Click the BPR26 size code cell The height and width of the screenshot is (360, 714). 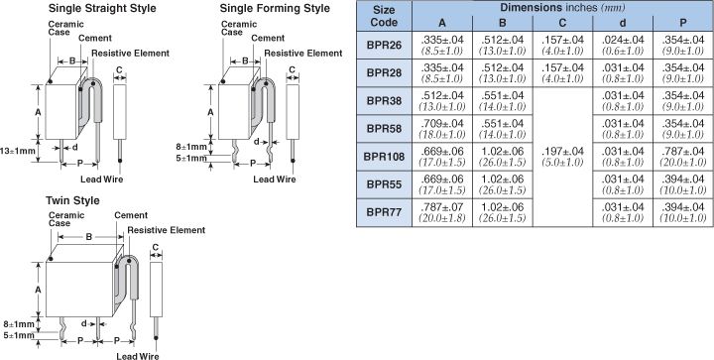384,45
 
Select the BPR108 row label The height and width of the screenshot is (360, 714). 384,157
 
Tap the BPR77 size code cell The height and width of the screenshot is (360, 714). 384,212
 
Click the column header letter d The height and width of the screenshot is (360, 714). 623,23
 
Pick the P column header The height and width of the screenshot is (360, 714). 682,23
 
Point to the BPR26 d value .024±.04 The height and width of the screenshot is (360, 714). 623,40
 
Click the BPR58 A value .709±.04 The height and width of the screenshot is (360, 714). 442,124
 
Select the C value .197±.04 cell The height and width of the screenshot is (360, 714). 562,157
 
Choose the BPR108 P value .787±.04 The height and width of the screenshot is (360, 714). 682,152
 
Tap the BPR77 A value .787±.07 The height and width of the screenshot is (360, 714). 442,207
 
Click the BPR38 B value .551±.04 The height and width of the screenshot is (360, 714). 502,95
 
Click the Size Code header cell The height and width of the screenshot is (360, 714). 384,17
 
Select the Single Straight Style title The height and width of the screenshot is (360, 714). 102,8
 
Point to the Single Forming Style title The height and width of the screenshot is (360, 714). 275,8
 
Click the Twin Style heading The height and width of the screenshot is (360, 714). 72,200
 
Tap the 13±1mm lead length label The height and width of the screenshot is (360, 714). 17,150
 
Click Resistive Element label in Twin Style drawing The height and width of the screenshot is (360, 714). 167,230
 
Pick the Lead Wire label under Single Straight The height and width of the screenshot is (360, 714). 101,180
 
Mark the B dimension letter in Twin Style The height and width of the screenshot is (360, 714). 89,237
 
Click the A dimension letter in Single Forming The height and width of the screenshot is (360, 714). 211,112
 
